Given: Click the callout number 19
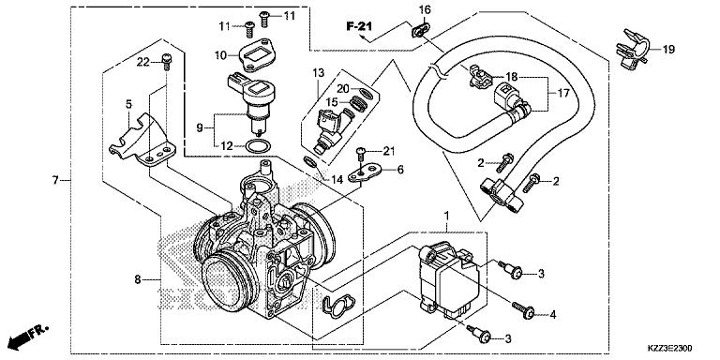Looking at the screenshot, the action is pos(669,50).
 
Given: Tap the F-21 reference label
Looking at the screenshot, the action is pos(359,26).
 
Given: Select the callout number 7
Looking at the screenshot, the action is pos(55,180).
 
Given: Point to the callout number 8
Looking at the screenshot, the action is pos(137,279).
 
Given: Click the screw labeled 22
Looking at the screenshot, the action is pos(166,62).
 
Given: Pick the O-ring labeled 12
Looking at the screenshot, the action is pos(257,146).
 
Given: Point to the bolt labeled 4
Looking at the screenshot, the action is pos(523,309).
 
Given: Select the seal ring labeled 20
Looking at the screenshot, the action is pos(365,94).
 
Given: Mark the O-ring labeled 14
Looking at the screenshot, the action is pos(310,161).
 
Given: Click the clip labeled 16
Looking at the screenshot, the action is pos(420,30).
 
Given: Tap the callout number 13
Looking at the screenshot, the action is pos(318,72).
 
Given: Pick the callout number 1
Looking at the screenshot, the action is pos(447,215).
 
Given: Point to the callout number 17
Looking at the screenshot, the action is pos(563,93).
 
